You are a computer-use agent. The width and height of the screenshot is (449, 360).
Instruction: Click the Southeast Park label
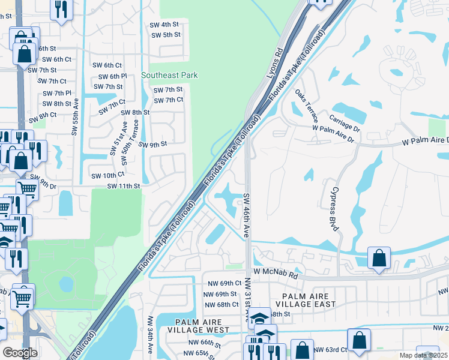pyautogui.click(x=169, y=76)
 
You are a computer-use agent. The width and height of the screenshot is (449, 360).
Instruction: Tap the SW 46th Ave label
pyautogui.click(x=246, y=214)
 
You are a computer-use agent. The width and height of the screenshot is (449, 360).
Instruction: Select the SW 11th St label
pyautogui.click(x=124, y=187)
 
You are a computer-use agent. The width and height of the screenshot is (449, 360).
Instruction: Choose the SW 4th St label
pyautogui.click(x=165, y=25)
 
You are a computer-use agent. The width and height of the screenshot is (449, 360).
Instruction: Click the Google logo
pyautogui.click(x=20, y=353)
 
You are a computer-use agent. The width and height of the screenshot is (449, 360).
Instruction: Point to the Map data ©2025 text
pyautogui.click(x=423, y=356)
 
